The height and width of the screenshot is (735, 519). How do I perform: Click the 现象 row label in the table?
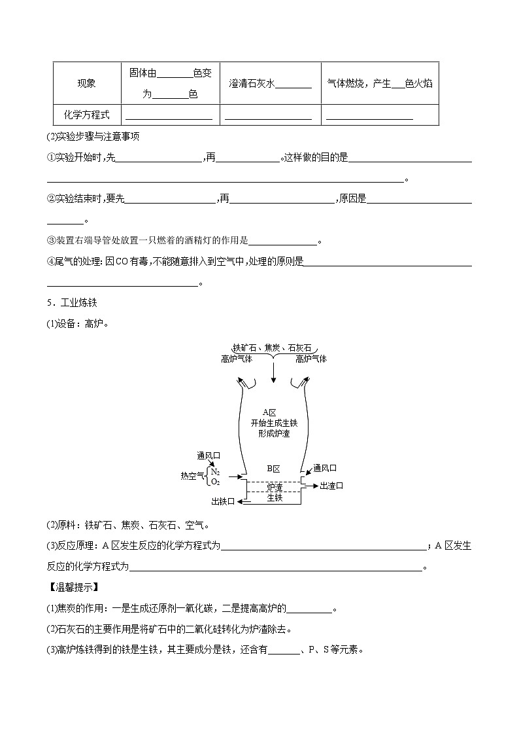(86, 83)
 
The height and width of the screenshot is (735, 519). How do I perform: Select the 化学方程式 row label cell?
(86, 115)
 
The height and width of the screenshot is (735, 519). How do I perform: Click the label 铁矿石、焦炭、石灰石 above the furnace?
(273, 348)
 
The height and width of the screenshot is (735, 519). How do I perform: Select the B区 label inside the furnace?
(273, 469)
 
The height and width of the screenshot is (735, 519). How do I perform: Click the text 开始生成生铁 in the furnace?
(273, 423)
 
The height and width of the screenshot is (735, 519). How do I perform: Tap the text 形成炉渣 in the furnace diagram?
(273, 433)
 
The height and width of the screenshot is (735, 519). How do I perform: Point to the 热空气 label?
(192, 476)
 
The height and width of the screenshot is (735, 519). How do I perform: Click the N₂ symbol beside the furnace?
(215, 471)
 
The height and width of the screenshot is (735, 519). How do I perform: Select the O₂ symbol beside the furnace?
(215, 482)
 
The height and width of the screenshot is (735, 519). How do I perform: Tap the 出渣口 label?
(331, 486)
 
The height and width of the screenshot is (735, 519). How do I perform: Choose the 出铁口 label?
(222, 501)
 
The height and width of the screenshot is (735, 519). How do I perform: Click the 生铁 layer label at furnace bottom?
(274, 497)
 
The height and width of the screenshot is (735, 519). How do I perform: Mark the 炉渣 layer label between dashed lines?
(274, 487)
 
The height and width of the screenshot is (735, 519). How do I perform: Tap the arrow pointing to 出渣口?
(311, 486)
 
